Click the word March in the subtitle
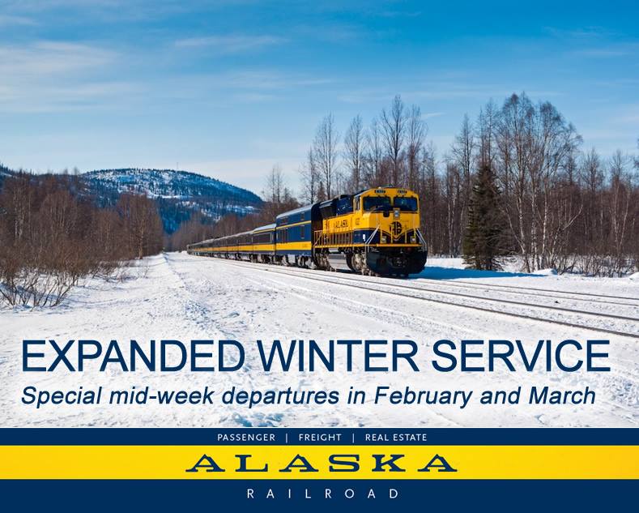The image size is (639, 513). coord(559,396)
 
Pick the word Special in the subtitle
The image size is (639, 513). coord(56,397)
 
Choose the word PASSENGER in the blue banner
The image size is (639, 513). coord(246,438)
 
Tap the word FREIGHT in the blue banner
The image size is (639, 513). coord(320,438)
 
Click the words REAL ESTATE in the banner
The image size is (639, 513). coord(396,438)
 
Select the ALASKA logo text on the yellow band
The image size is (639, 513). coord(320,463)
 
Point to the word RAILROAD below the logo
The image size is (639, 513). coord(323,494)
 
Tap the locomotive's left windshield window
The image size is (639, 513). coord(377,203)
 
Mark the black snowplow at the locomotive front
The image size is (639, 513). coord(396,261)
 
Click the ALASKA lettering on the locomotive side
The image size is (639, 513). coord(340,221)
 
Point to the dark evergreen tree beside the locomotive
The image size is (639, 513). coord(485,219)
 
